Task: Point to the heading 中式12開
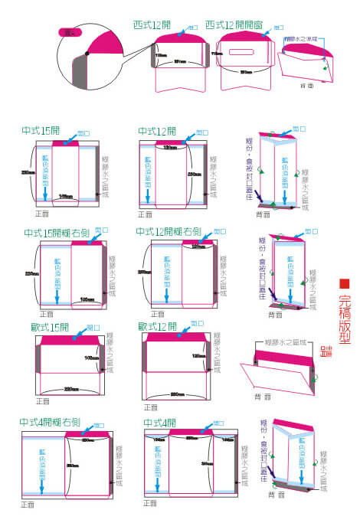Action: pyautogui.click(x=157, y=131)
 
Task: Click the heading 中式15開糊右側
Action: pyautogui.click(x=57, y=232)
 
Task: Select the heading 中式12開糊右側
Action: pyautogui.click(x=169, y=231)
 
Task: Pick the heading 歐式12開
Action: pyautogui.click(x=158, y=327)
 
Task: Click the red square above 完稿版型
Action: pyautogui.click(x=344, y=283)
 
